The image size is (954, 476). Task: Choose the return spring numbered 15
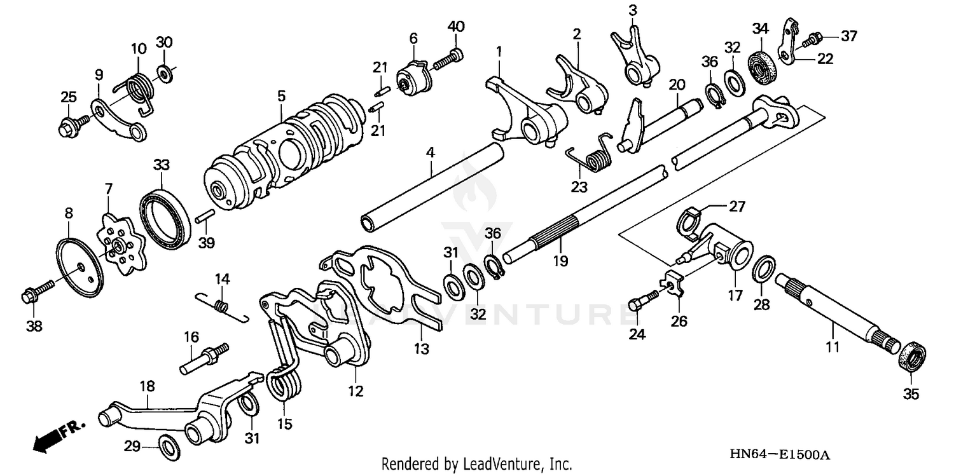coord(285,384)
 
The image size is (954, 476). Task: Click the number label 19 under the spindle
coord(560,261)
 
